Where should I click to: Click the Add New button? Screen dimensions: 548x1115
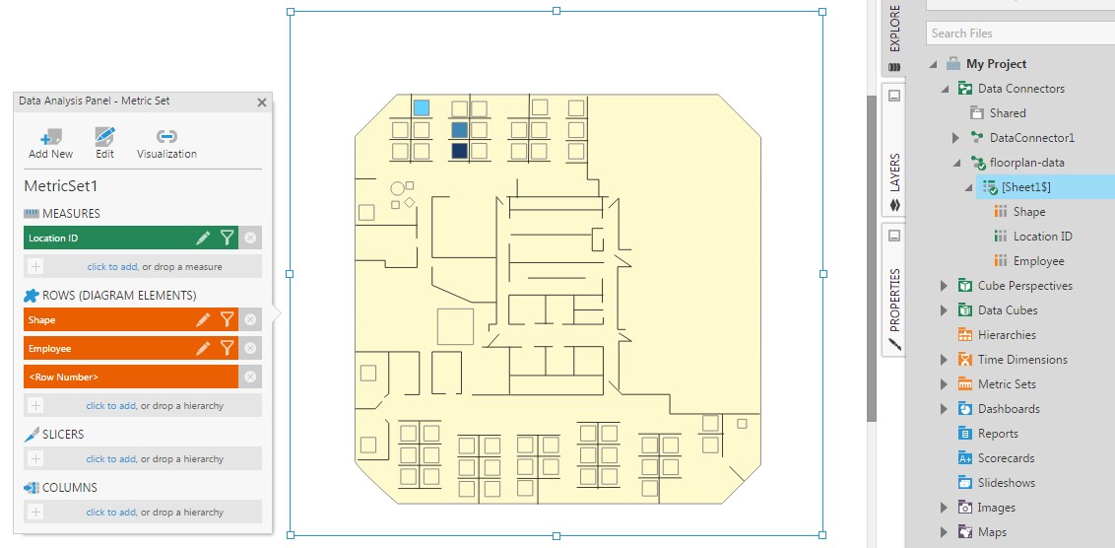pos(50,143)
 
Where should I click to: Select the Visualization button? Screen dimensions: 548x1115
pos(166,143)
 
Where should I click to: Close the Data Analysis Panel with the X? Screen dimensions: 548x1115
pos(262,102)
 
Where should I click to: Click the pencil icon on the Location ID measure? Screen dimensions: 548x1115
pos(203,238)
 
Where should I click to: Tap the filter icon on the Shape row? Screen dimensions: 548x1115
pos(227,319)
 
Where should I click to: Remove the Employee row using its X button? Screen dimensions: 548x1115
pos(250,348)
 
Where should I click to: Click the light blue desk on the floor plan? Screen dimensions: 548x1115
pos(422,107)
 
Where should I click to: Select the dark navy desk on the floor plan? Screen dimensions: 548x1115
pos(459,151)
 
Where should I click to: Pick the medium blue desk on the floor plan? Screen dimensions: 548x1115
pos(459,129)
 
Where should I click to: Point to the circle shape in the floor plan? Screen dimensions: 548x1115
pos(398,187)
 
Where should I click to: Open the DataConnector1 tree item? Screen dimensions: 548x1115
pos(1031,138)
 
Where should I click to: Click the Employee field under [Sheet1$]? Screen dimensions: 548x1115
pos(1038,261)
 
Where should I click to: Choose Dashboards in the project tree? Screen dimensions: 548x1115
pos(1008,409)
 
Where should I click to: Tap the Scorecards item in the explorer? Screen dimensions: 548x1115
pos(1006,458)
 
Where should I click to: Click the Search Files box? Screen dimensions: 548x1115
pos(1019,34)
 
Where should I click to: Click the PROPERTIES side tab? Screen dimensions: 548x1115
pos(894,296)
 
